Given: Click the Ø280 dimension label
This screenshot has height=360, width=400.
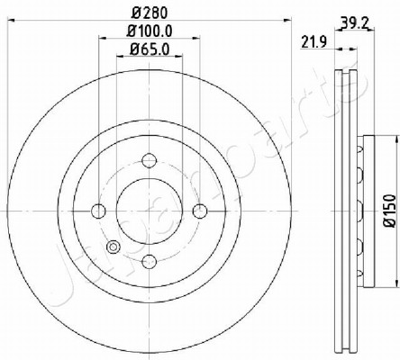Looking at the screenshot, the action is [150, 13].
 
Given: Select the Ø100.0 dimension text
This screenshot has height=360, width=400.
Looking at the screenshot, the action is [150, 31].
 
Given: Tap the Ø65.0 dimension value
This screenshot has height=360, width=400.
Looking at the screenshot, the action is [150, 49].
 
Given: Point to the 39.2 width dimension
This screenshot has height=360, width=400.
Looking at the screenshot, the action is [354, 22].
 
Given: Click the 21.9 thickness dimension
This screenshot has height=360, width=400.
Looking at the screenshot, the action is [314, 42].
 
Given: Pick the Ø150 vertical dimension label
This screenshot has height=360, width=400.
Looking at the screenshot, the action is [391, 211].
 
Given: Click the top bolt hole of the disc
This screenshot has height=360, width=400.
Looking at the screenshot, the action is [150, 160].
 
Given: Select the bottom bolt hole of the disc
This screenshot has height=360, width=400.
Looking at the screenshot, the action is [150, 261].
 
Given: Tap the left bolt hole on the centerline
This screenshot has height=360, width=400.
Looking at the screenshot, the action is [98, 211].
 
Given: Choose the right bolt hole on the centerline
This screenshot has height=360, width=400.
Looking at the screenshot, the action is [200, 211].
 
